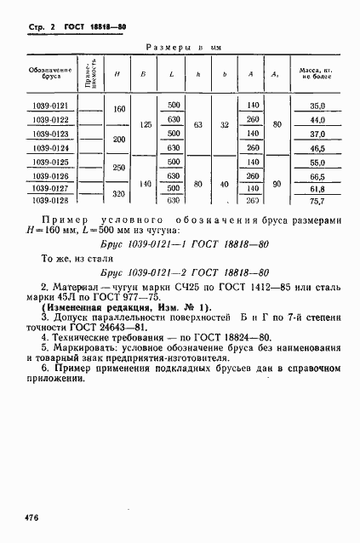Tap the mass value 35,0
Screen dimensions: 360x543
point(318,107)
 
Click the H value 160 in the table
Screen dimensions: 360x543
point(118,110)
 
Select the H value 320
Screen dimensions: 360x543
point(118,193)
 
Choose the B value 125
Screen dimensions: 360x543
point(146,124)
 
